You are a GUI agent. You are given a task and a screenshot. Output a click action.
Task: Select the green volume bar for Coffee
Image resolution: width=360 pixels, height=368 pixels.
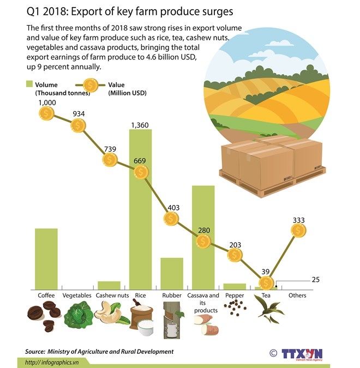coord(46,258)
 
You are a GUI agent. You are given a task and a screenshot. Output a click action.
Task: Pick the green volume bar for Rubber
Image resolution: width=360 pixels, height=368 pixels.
coord(172,273)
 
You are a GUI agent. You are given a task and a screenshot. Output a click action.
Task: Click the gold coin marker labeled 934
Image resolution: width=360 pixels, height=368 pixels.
coord(79,124)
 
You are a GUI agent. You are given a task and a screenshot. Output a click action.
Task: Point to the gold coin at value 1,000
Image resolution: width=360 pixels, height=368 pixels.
coord(47,113)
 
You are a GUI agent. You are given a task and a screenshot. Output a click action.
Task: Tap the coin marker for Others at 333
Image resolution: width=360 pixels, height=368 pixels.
coord(298,230)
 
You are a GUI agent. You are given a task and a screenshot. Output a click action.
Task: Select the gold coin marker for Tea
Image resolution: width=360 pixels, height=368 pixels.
coord(266,283)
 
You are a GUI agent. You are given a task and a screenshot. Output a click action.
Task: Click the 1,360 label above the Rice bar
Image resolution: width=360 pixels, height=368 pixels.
coord(140,125)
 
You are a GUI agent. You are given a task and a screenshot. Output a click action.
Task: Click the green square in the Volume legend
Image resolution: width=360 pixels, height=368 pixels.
coord(29,85)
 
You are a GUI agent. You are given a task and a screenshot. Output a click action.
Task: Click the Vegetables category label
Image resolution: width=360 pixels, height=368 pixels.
coord(77,295)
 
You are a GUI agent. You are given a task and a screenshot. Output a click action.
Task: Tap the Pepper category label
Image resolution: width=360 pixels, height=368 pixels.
coord(234,295)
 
